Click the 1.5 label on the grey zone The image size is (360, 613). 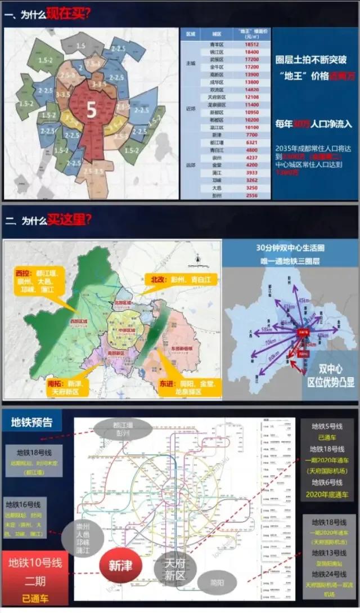coord(81,45)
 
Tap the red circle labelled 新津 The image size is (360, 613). coord(120,565)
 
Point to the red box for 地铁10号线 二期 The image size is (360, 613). coord(35,572)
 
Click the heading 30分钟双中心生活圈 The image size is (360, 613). coord(290,248)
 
